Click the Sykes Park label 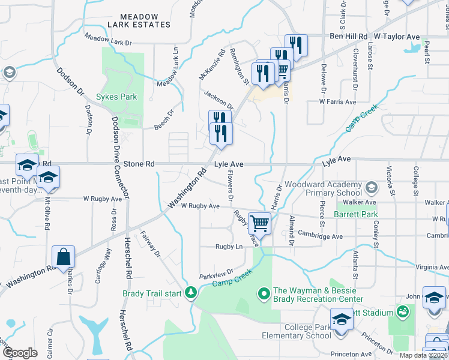[116, 97]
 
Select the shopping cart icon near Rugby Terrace [259, 224]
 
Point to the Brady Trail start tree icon [191, 293]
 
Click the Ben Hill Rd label [349, 37]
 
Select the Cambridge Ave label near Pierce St [320, 236]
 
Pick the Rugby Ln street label [229, 247]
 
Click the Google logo [20, 352]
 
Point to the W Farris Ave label [338, 101]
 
